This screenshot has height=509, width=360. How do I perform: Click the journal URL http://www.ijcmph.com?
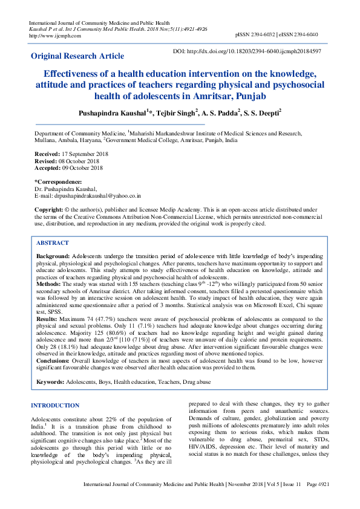coord(55,36)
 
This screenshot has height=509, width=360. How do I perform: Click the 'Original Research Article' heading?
coord(77,56)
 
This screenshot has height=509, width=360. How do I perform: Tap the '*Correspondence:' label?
coord(58,182)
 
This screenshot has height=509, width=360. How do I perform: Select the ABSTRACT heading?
coord(53,242)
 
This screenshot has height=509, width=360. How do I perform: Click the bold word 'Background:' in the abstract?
coord(53,257)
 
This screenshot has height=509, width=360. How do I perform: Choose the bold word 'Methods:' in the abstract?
coord(48,283)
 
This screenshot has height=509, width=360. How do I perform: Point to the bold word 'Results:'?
coord(47,317)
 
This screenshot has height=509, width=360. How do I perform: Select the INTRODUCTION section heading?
coord(55,405)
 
